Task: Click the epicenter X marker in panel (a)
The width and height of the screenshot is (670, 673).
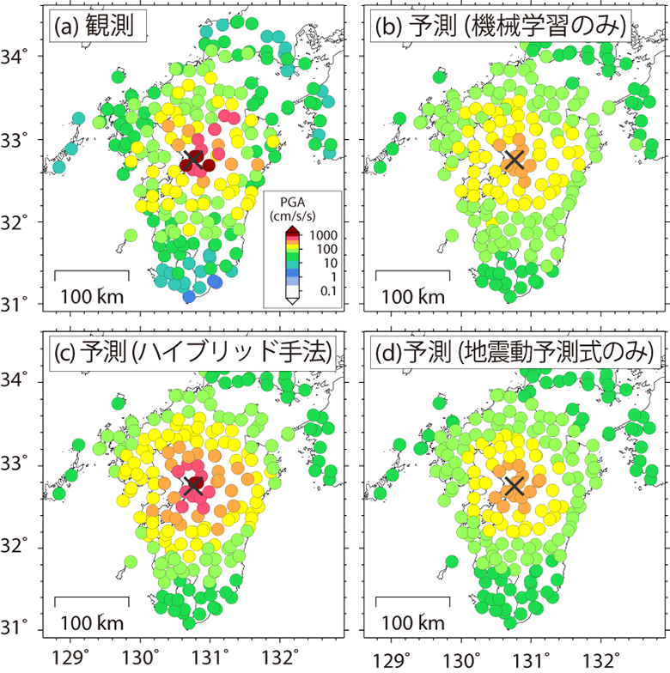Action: coord(192,159)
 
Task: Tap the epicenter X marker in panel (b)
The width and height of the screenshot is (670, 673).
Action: coord(514,159)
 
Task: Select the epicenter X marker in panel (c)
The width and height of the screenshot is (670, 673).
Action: coord(192,485)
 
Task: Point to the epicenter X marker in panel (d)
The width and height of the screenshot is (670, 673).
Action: coord(514,485)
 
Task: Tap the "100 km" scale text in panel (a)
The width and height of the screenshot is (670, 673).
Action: coord(91,297)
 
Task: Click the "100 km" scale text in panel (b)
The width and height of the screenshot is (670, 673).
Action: coord(412,297)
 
